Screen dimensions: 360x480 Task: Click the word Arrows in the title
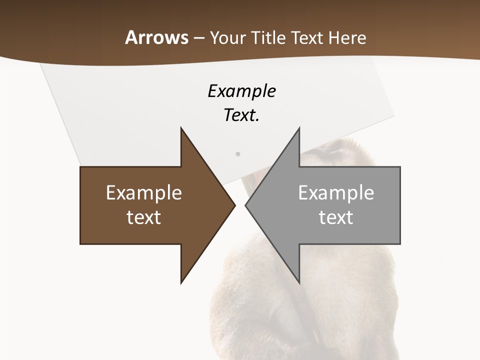coord(157,37)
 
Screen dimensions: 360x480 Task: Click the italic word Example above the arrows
coord(242,91)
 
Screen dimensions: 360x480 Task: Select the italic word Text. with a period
coord(242,115)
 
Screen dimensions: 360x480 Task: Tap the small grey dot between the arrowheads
coord(238,154)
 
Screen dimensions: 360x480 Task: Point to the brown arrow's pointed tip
coord(235,205)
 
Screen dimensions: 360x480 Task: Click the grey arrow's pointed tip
coord(245,205)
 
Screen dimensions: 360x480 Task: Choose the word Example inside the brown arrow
coord(144,192)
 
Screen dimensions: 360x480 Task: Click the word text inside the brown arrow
coord(144,217)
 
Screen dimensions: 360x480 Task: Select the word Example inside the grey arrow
coord(336,192)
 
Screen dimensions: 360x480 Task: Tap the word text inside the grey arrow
coord(336,217)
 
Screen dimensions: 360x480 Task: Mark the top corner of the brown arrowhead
coord(181,128)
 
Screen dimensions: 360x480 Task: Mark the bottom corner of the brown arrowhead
coord(181,283)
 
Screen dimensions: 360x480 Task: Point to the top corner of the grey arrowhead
coord(299,128)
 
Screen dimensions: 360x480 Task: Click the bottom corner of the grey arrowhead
coord(299,283)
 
